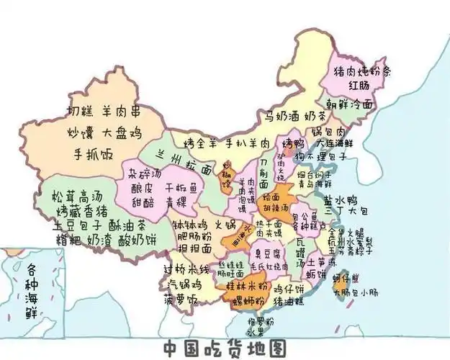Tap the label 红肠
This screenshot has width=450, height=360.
point(359,86)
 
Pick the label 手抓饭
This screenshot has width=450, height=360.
point(95,153)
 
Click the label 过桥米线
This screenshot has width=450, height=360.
point(186,269)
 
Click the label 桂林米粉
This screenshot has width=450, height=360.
point(248,286)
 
